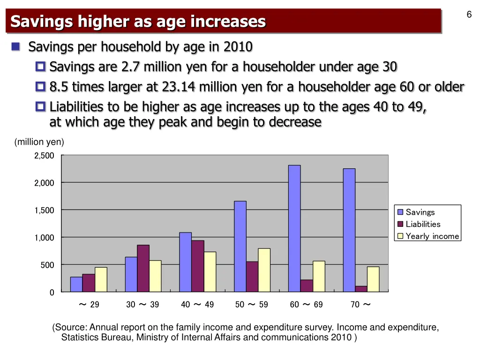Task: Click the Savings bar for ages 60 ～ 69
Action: (294, 228)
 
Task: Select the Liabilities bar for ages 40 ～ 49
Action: (198, 266)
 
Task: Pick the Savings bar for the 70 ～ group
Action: (349, 230)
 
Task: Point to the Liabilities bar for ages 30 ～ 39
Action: (143, 268)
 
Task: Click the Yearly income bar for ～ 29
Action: (101, 279)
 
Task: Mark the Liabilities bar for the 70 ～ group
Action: (361, 289)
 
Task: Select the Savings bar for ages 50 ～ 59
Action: (240, 246)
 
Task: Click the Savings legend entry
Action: (420, 212)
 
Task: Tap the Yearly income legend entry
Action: (432, 236)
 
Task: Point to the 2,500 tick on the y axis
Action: (44, 155)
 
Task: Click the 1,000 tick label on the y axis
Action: (44, 238)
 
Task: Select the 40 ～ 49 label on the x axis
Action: (197, 305)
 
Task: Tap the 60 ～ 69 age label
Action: (306, 305)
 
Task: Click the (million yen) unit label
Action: (39, 142)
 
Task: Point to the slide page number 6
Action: (469, 15)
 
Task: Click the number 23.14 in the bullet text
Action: (179, 87)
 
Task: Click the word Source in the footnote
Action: (71, 328)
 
